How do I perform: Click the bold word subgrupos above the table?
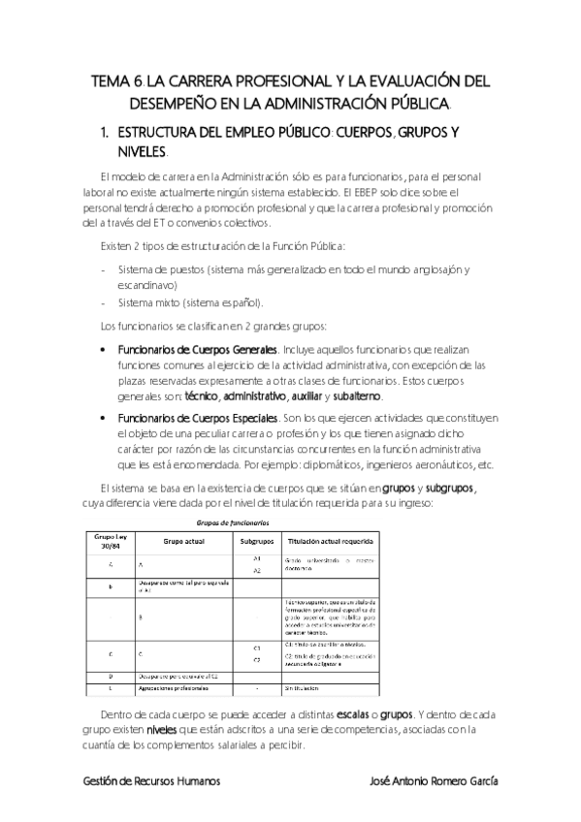point(450,489)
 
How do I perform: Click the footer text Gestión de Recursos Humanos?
point(150,780)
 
